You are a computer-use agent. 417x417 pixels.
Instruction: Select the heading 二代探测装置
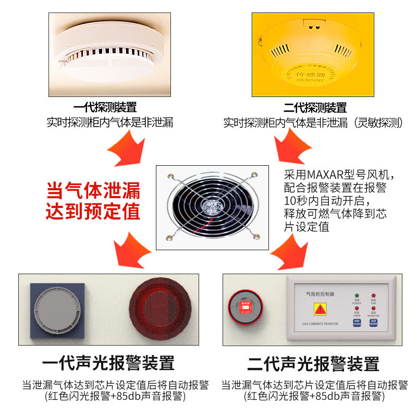point(315,108)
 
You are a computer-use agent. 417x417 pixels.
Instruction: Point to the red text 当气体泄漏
point(93,190)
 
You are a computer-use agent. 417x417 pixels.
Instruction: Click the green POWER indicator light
point(357,296)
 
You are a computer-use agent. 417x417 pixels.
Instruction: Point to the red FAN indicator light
point(373,296)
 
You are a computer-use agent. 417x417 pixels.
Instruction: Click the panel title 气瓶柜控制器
point(320,294)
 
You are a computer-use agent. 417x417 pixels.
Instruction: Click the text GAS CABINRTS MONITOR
point(320,324)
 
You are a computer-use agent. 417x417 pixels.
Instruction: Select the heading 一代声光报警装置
point(108,363)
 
